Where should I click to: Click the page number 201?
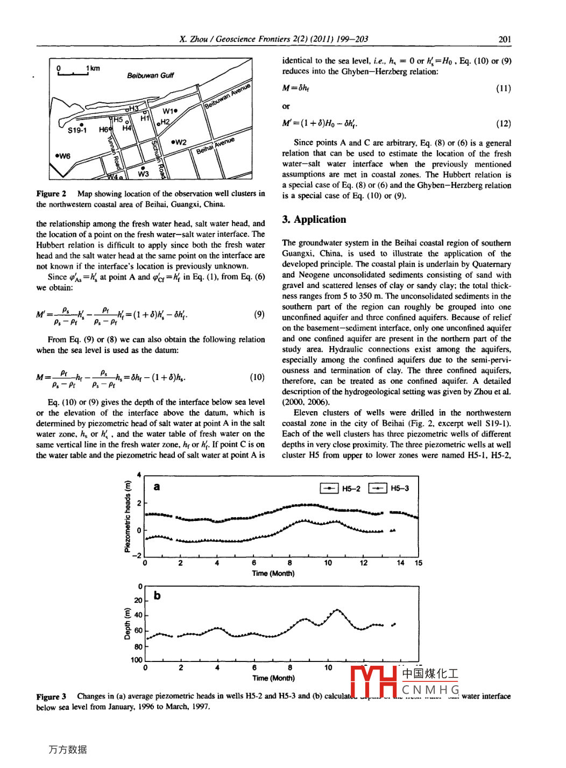504,39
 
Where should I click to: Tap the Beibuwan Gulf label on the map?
150,75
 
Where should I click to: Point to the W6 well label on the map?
63,156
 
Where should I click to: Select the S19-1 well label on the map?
77,130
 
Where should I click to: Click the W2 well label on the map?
179,143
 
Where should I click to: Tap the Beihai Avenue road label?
215,145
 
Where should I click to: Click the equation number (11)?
503,88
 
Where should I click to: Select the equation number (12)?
503,123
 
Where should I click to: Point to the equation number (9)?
259,314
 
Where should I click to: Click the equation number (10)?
257,377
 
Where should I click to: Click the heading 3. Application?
314,220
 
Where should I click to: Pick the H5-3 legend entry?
389,488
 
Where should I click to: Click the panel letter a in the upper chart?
157,487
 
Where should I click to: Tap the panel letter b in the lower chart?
157,595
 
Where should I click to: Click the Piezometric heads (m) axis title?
128,517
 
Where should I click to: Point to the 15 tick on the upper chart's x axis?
419,563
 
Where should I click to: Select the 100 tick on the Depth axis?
137,660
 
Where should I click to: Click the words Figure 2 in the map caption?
51,194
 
